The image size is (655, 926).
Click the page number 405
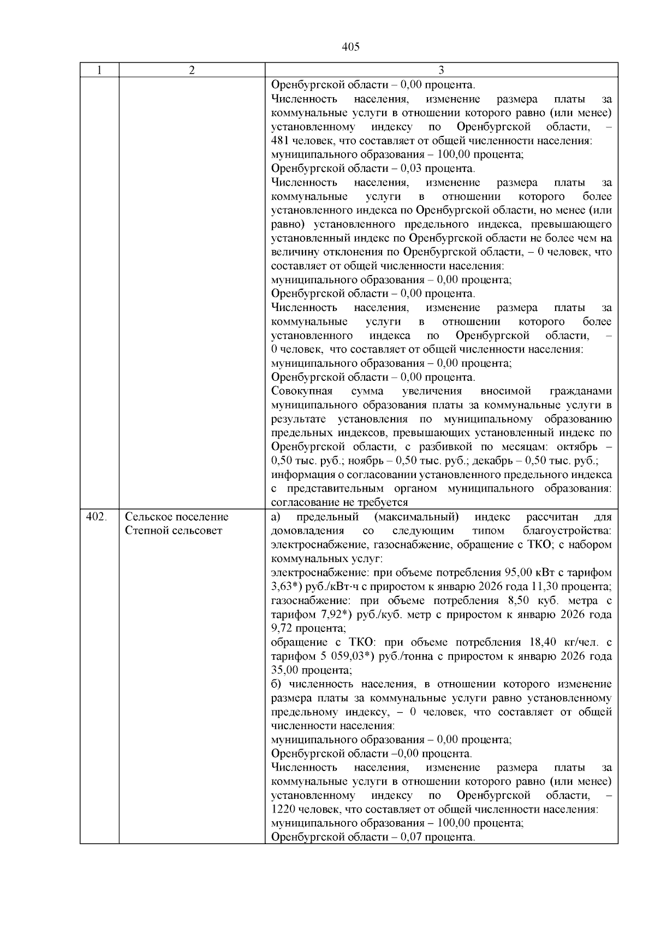click(350, 47)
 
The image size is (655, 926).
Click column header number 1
click(99, 70)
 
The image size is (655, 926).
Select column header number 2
click(192, 70)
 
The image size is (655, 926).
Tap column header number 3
click(441, 70)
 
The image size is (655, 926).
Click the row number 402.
click(96, 517)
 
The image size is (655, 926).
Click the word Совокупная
click(302, 391)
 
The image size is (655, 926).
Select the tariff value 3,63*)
click(284, 587)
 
